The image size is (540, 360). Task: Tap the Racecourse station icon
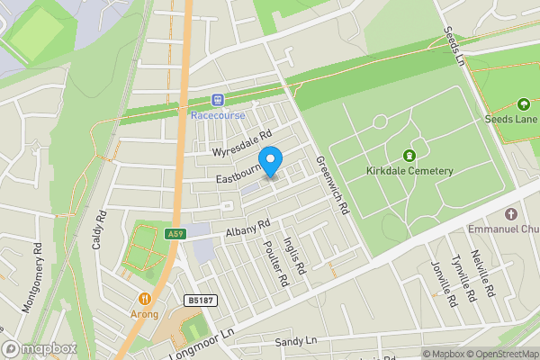tap(217, 100)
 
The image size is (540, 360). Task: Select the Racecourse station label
tap(217, 115)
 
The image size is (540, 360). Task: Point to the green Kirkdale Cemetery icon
tap(411, 154)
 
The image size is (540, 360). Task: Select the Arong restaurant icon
tap(145, 299)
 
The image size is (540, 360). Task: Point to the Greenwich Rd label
tap(332, 184)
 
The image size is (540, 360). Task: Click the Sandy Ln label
tap(297, 341)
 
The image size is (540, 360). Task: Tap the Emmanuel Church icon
tap(511, 214)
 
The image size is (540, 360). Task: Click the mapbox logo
tap(40, 348)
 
